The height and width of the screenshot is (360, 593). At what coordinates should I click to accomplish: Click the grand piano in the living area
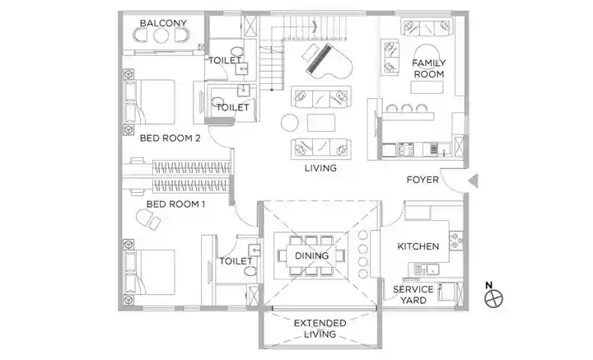coord(328,62)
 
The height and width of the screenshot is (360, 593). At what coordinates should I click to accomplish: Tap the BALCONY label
coord(163,23)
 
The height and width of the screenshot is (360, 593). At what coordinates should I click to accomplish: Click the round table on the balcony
coord(161,35)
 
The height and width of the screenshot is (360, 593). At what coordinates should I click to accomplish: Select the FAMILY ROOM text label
coord(429,68)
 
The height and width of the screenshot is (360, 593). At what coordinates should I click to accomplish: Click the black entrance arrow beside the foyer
coord(474,180)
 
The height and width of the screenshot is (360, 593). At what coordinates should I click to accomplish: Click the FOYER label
coord(423,180)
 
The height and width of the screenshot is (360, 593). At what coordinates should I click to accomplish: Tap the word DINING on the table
coord(311,255)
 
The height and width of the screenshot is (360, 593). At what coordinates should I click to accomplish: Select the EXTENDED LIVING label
coord(320,329)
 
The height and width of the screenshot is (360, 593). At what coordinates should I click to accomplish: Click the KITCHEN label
coord(418,246)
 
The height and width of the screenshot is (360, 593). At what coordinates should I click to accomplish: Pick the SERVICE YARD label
coord(413,295)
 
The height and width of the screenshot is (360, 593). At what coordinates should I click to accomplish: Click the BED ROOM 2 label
coord(170,138)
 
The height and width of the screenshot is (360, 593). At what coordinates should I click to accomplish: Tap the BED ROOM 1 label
coord(176,204)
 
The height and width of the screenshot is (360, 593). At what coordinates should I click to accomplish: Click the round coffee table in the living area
coord(290,123)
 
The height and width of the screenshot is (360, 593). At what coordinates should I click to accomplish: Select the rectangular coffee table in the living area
coord(321,123)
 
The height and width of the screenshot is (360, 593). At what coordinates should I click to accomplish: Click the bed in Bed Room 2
coord(150,101)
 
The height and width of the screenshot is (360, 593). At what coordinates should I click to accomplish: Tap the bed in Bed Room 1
coord(150,272)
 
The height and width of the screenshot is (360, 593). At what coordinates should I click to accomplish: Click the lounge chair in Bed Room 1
coord(148,219)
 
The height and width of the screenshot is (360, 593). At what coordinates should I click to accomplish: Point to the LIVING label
coord(320,168)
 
